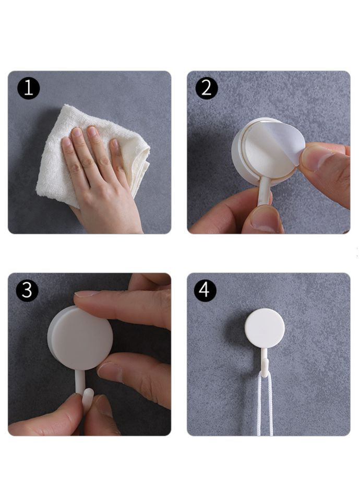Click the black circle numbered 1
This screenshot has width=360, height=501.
28,88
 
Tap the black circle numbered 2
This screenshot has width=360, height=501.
207,88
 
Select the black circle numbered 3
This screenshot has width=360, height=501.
27,290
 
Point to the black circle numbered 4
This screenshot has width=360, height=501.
205,290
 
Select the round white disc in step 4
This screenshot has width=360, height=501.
265,328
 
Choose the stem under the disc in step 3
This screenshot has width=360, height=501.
79,382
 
